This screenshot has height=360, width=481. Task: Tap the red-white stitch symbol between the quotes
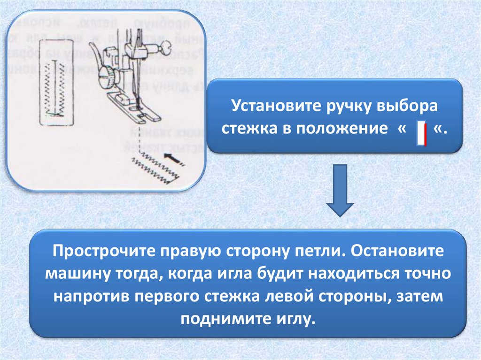point(421,133)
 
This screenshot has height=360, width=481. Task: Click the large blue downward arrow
point(340,190)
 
